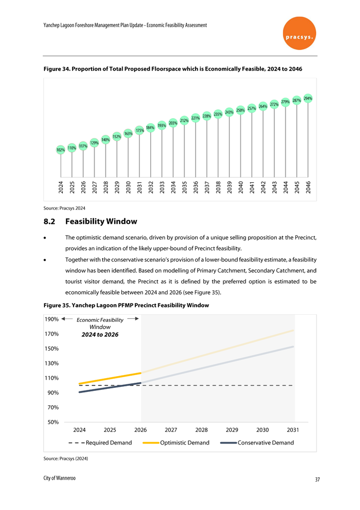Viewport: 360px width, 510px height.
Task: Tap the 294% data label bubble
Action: [308, 98]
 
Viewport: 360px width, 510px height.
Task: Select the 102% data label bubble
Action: [61, 150]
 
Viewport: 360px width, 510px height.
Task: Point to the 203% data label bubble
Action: [173, 123]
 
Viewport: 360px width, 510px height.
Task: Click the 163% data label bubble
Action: [128, 133]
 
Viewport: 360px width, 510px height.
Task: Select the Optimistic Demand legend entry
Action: [184, 443]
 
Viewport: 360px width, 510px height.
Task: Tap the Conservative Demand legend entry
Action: [266, 443]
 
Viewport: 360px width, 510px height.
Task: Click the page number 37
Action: [317, 479]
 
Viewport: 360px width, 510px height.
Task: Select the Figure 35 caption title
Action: [127, 306]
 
